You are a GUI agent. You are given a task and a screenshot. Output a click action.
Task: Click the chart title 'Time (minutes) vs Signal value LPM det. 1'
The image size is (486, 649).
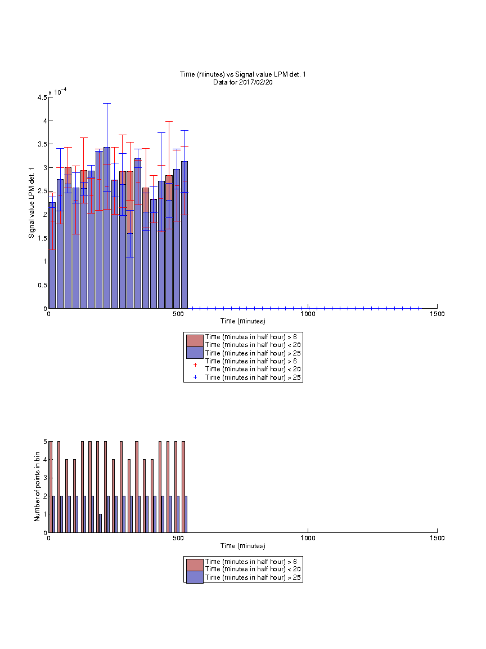242,74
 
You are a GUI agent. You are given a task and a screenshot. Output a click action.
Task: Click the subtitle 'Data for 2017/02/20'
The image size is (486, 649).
242,82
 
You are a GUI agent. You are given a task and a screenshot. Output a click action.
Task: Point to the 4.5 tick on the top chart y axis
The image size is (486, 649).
42,97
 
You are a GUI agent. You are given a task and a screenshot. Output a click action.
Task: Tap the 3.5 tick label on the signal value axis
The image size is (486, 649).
42,144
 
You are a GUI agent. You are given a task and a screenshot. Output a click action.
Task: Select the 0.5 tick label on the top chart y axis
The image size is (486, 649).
42,285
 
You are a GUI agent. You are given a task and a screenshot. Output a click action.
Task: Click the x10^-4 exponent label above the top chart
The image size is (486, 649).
57,91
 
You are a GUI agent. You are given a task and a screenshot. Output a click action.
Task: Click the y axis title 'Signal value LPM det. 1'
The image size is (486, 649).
31,203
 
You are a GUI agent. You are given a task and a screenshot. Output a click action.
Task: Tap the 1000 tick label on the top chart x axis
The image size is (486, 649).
308,314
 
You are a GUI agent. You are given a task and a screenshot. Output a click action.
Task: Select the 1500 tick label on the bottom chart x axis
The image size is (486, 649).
437,538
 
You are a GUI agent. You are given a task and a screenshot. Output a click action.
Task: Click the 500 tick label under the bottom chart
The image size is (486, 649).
178,538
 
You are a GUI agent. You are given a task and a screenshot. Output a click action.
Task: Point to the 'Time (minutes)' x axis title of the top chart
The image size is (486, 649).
242,321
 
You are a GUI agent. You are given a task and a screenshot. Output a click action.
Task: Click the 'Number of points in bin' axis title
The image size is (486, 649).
37,487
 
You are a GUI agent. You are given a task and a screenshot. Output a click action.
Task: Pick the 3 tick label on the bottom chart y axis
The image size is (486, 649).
46,478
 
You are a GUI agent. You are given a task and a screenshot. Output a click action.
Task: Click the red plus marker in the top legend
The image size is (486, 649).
195,364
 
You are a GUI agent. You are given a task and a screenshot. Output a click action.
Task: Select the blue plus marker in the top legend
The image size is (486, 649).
195,377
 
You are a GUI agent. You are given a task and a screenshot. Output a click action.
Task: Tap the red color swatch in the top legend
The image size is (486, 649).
195,341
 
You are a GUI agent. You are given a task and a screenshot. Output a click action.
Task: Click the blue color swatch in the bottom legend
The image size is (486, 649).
195,577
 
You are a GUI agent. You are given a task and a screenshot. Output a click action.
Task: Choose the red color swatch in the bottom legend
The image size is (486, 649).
195,565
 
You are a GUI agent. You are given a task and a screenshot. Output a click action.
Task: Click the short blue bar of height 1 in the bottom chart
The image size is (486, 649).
101,523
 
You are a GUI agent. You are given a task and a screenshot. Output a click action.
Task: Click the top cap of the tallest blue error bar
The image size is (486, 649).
107,103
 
